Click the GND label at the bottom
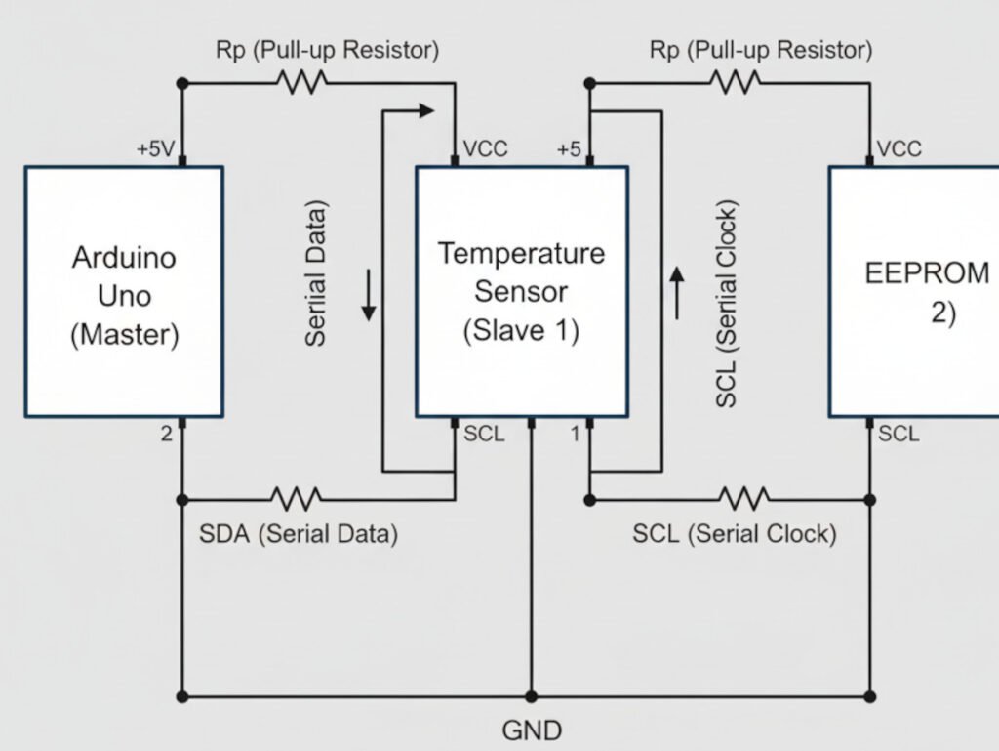click(x=532, y=730)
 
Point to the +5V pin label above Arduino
click(x=157, y=149)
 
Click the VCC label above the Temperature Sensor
click(x=486, y=149)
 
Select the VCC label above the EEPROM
click(x=899, y=149)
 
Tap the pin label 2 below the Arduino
click(x=167, y=434)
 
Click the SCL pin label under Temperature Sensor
click(x=484, y=434)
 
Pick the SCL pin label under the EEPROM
click(x=899, y=434)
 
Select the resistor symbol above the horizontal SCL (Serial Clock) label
click(x=743, y=499)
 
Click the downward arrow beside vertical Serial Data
click(x=369, y=297)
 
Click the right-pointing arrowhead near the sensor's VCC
click(x=424, y=110)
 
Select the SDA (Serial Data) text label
click(x=298, y=534)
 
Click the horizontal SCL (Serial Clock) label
click(x=734, y=534)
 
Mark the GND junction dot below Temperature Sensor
click(x=532, y=697)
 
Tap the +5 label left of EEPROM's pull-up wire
click(x=569, y=149)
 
